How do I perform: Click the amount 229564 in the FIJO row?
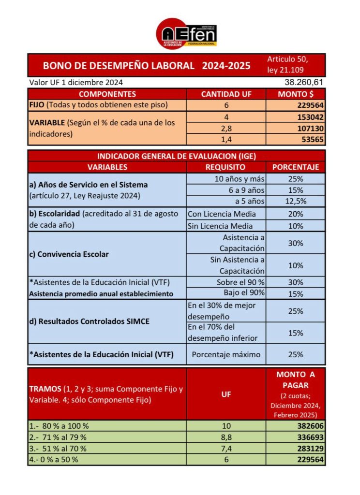[310, 105]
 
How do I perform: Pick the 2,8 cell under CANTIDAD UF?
[226, 128]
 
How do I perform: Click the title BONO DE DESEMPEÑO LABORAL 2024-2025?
[147, 65]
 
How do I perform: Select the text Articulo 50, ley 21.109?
[287, 65]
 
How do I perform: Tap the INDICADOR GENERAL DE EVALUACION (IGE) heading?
[177, 156]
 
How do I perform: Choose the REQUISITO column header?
[225, 167]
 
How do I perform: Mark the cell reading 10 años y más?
[240, 178]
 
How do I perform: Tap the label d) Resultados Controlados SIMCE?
[88, 321]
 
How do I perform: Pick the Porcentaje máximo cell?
[226, 354]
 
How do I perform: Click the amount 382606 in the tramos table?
[310, 425]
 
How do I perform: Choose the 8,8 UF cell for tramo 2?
[226, 437]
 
